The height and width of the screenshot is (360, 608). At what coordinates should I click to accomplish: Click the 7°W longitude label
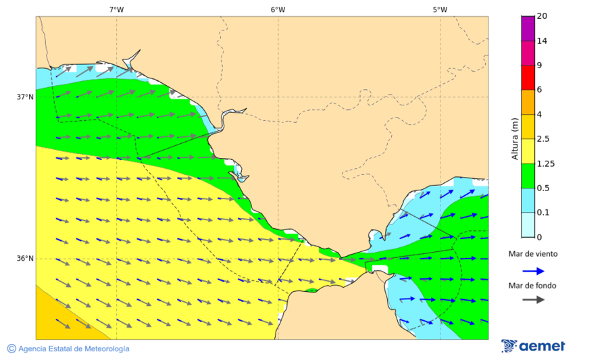pyautogui.click(x=116, y=9)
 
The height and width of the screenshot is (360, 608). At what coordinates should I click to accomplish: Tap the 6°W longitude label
pyautogui.click(x=278, y=9)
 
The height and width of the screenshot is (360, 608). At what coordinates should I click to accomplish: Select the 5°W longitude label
pyautogui.click(x=440, y=9)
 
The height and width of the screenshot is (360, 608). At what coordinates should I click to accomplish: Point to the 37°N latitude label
pyautogui.click(x=25, y=97)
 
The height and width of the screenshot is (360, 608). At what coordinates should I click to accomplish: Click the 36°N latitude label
pyautogui.click(x=25, y=258)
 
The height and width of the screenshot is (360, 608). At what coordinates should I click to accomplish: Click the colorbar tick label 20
pyautogui.click(x=542, y=16)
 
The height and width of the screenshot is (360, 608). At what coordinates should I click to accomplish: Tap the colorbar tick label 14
pyautogui.click(x=542, y=41)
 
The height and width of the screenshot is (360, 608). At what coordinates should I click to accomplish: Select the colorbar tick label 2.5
pyautogui.click(x=543, y=139)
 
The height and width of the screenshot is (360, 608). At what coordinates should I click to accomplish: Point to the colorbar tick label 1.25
pyautogui.click(x=545, y=163)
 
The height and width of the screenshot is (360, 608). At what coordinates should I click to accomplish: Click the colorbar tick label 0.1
pyautogui.click(x=543, y=213)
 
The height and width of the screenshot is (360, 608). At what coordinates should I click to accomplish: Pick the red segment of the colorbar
pyautogui.click(x=528, y=78)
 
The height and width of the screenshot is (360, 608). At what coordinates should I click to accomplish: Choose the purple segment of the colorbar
pyautogui.click(x=528, y=28)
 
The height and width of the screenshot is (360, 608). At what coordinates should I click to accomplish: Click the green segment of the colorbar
pyautogui.click(x=528, y=176)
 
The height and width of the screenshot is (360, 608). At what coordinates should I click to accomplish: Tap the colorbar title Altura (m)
pyautogui.click(x=515, y=138)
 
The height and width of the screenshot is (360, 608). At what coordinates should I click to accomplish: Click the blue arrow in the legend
pyautogui.click(x=533, y=271)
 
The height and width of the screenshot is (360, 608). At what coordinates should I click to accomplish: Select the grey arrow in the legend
pyautogui.click(x=533, y=299)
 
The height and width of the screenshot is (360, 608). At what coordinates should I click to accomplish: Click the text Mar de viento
pyautogui.click(x=533, y=254)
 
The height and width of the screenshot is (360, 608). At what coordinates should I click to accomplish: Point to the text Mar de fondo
pyautogui.click(x=533, y=285)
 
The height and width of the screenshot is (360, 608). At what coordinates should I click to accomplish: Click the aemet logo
pyautogui.click(x=533, y=346)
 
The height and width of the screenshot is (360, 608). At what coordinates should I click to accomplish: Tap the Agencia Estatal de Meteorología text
pyautogui.click(x=68, y=349)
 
